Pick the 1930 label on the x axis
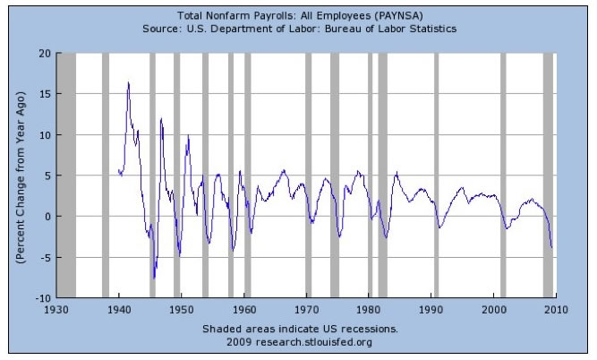click(x=56, y=309)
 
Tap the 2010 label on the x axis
click(x=557, y=309)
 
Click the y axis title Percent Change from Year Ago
click(x=19, y=175)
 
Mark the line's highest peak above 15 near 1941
click(x=128, y=83)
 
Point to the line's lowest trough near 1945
click(x=154, y=279)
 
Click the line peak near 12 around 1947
click(x=161, y=118)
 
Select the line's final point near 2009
click(x=552, y=247)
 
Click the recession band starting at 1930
click(x=66, y=175)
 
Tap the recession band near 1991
click(x=437, y=175)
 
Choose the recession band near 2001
click(x=503, y=175)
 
